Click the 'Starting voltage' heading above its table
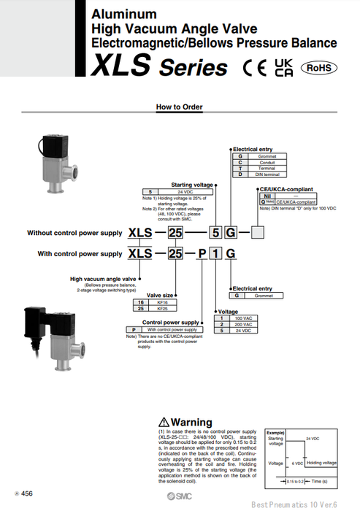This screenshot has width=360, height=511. pos(191,185)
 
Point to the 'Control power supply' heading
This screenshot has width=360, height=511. pos(169,322)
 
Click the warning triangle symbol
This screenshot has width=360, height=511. pos(164,423)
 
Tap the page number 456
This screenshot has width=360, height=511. pos(26,494)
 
